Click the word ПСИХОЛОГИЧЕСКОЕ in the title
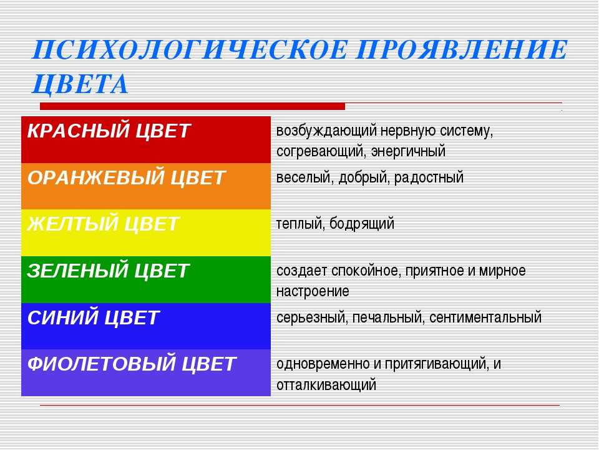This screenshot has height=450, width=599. (x=190, y=50)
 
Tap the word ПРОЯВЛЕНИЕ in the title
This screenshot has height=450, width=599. (x=461, y=50)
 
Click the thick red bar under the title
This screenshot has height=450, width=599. (x=192, y=106)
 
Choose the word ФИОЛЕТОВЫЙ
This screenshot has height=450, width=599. (x=101, y=364)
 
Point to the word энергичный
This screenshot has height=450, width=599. (x=408, y=151)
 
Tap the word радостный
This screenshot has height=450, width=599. (x=429, y=177)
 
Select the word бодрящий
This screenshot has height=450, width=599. (x=361, y=224)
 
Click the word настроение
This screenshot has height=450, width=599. (x=313, y=292)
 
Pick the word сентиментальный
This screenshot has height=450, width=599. (x=485, y=317)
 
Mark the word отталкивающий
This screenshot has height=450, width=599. (x=326, y=385)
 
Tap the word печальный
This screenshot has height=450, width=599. (x=387, y=317)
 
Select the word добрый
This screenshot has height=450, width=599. (x=364, y=177)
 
